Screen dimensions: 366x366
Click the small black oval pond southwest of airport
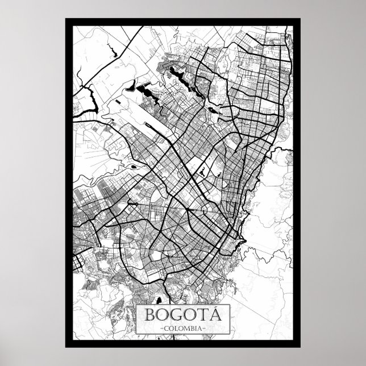click(x=132, y=167)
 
